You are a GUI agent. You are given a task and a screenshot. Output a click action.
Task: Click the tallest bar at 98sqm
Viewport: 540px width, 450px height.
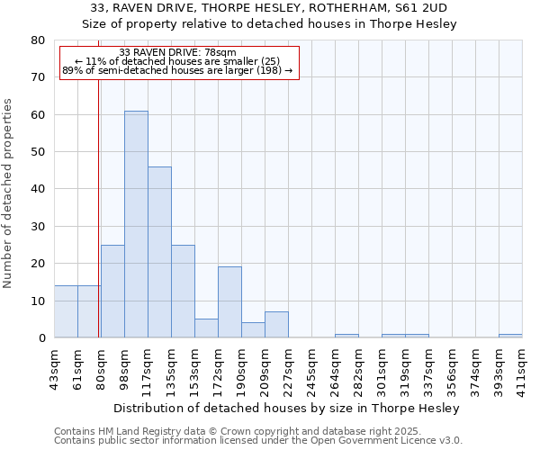coord(136,224)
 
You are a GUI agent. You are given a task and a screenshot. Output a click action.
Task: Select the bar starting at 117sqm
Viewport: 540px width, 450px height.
coord(159,252)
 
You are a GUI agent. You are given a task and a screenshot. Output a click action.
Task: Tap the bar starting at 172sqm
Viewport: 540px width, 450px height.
coord(229,302)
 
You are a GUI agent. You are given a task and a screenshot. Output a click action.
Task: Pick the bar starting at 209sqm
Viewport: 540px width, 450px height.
coord(276,325)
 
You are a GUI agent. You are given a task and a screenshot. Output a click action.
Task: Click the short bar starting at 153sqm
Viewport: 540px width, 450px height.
coord(206,328)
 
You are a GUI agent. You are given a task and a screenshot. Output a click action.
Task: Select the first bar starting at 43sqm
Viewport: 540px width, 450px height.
coord(66,311)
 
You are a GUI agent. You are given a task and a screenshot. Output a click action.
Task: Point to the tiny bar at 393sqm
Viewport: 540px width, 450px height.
coord(510,336)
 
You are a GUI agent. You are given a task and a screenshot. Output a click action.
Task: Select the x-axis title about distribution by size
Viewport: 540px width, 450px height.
coord(288,408)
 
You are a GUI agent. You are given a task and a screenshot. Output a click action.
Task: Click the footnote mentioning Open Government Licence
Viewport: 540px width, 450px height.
coord(258,441)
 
